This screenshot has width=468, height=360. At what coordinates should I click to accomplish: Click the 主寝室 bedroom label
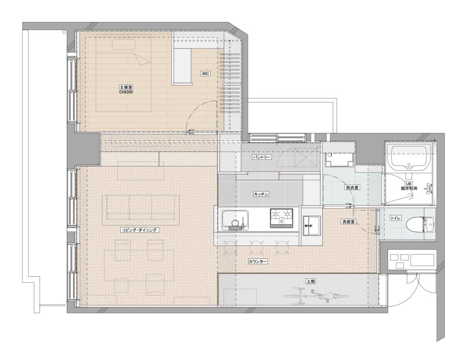coord(126,87)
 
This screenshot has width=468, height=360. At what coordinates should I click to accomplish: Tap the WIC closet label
coord(205,74)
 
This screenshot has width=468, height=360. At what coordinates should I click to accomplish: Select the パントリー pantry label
coord(262,157)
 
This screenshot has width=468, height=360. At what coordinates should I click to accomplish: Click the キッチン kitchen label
coord(261,194)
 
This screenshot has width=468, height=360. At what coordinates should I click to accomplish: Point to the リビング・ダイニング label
coord(139,230)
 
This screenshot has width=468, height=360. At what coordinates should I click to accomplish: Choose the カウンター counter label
coord(258,261)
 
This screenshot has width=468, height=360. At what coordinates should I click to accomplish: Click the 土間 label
coord(310,281)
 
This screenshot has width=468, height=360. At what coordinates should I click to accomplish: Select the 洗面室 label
coord(348,222)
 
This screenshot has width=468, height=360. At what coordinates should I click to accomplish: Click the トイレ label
coord(395,218)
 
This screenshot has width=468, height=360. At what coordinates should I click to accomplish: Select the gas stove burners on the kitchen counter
coord(282,218)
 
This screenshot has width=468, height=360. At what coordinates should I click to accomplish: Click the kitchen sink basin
coord(235,220)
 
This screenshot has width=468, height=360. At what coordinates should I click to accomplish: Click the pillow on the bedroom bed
coord(123,44)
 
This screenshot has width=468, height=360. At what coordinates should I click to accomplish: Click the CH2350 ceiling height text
coord(126,92)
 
